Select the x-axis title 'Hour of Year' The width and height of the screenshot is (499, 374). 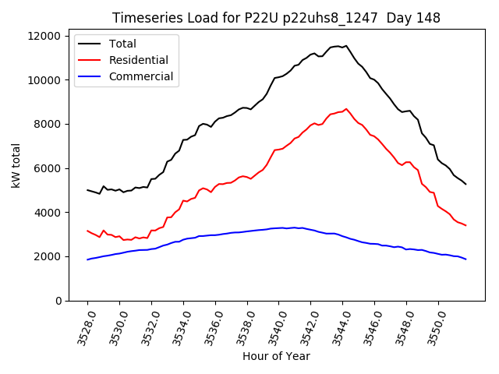276,356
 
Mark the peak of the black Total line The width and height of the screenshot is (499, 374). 346,46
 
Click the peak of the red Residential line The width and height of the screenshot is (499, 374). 346,109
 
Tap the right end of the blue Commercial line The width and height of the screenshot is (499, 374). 465,259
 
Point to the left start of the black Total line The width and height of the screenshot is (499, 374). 87,189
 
